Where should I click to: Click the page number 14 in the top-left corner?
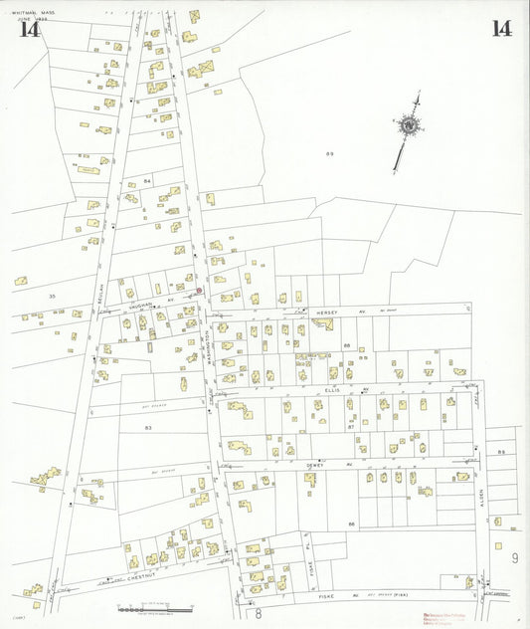pyautogui.click(x=29, y=28)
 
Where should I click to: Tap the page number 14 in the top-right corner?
pyautogui.click(x=500, y=28)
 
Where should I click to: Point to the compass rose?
pyautogui.click(x=408, y=125)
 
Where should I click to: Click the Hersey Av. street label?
pyautogui.click(x=328, y=314)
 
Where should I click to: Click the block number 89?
pyautogui.click(x=329, y=154)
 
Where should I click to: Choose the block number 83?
pyautogui.click(x=147, y=428)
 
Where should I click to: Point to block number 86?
pyautogui.click(x=351, y=524)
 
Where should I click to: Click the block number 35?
pyautogui.click(x=52, y=297)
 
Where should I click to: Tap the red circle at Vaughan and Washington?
pyautogui.click(x=199, y=292)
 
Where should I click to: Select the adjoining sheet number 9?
pyautogui.click(x=515, y=558)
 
